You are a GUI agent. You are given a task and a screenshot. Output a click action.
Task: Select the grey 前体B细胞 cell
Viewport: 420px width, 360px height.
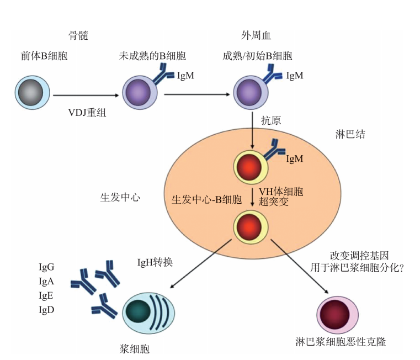pyautogui.click(x=34, y=93)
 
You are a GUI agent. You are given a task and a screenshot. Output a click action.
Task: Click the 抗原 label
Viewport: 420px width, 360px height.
pyautogui.click(x=269, y=121)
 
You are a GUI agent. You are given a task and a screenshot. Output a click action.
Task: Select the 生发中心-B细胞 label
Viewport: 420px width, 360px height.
pyautogui.click(x=206, y=199)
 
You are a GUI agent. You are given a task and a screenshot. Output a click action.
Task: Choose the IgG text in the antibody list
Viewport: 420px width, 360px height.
pyautogui.click(x=46, y=268)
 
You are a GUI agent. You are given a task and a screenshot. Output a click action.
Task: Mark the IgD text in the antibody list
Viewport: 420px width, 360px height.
pyautogui.click(x=46, y=309)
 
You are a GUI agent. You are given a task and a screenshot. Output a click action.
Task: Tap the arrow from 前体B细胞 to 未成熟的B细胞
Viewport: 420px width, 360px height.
pyautogui.click(x=84, y=96)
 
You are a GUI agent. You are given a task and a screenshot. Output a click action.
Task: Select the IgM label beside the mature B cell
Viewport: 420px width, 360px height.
pyautogui.click(x=294, y=76)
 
